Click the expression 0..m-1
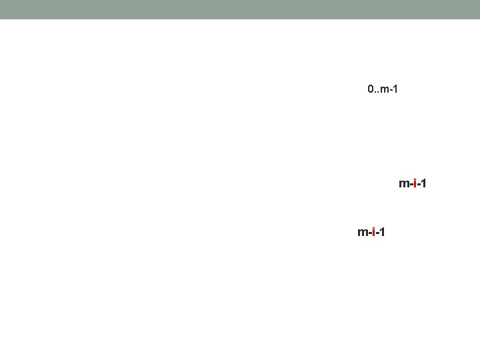click(x=383, y=89)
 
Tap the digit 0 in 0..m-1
click(x=371, y=89)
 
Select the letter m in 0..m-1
click(x=384, y=89)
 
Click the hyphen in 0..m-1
click(x=390, y=89)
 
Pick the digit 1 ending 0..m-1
click(x=395, y=89)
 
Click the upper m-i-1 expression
click(x=413, y=183)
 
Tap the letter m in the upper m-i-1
click(x=403, y=183)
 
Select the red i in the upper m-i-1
click(x=415, y=183)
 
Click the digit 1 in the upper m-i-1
click(x=423, y=183)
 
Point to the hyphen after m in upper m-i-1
click(x=411, y=184)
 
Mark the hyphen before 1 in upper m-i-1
click(x=419, y=184)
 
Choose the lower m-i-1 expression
click(x=371, y=232)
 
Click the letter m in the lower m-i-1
click(x=363, y=233)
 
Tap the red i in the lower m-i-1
click(x=374, y=232)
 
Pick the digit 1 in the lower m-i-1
click(x=382, y=232)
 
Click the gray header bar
click(x=240, y=9)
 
